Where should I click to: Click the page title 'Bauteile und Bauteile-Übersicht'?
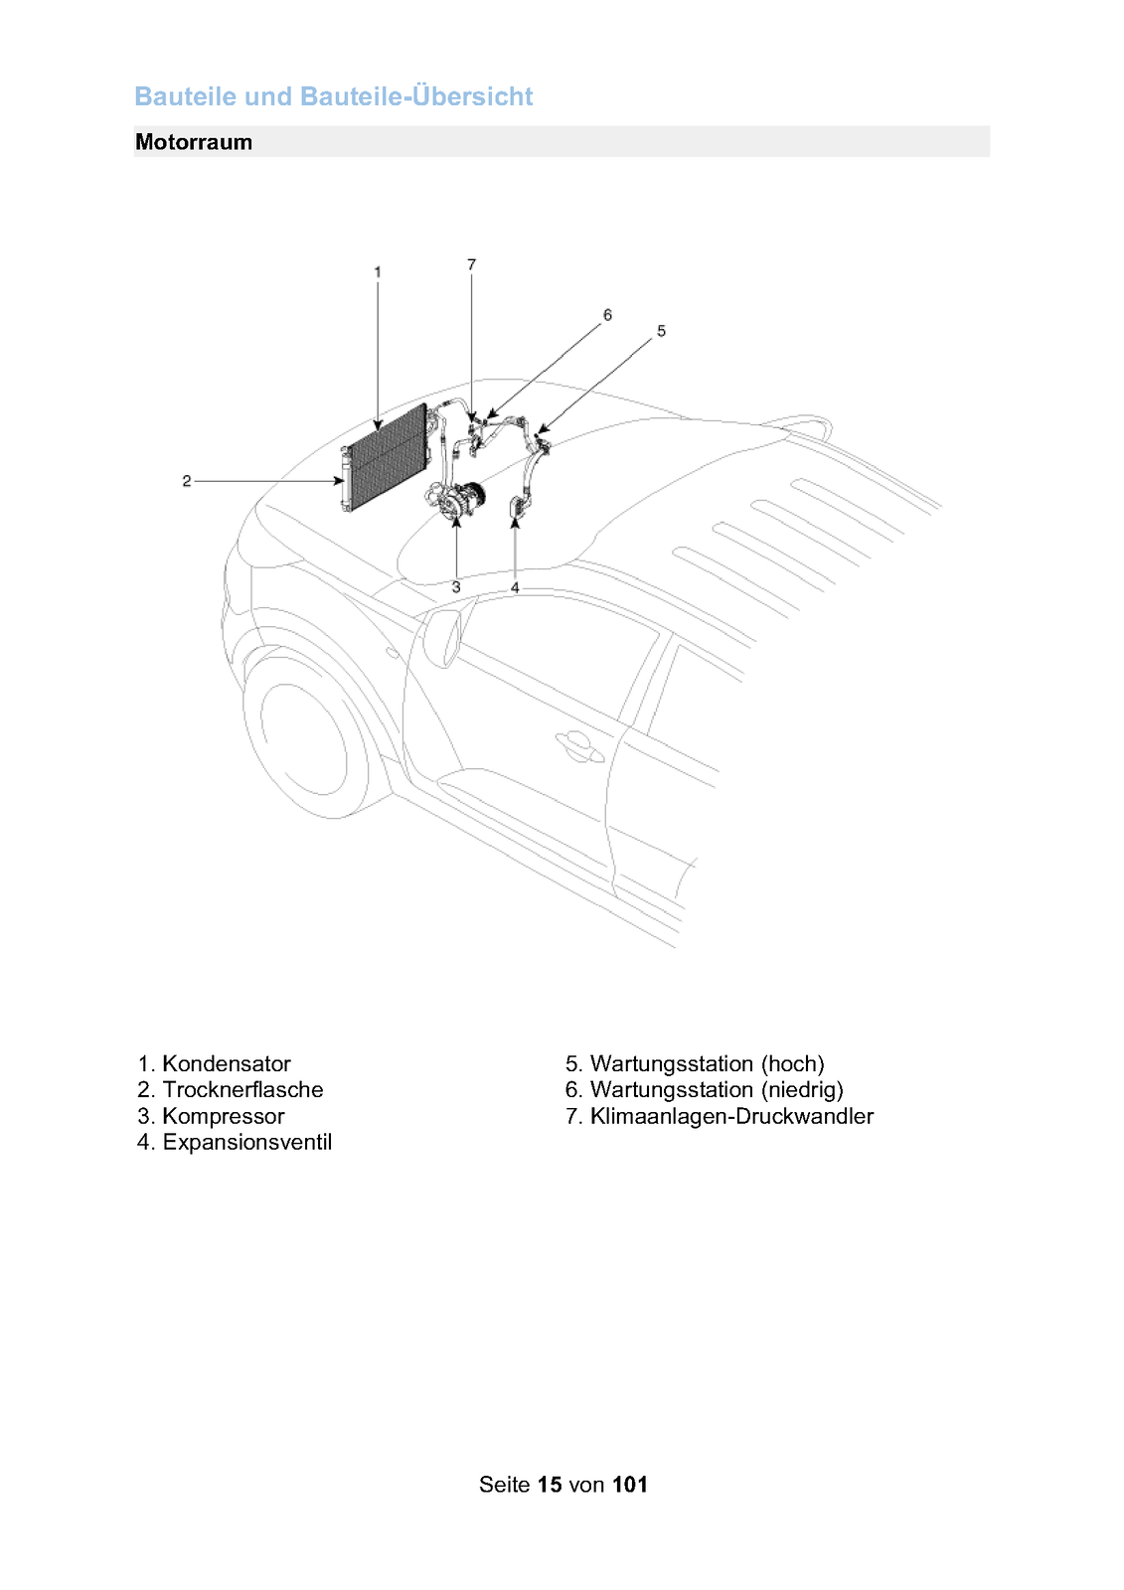tap(333, 96)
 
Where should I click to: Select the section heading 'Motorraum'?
tap(194, 142)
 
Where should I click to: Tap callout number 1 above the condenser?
tap(378, 271)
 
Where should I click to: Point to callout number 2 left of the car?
tap(186, 481)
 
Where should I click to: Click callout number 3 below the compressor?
tap(456, 587)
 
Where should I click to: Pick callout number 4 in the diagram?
tap(515, 587)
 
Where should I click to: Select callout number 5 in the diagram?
tap(661, 331)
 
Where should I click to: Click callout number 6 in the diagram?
tap(607, 315)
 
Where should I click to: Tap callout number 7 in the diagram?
tap(471, 264)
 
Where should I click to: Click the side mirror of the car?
tap(442, 636)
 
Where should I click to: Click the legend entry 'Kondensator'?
tap(226, 1063)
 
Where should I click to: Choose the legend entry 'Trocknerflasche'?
tap(242, 1089)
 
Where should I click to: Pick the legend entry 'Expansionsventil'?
tap(246, 1142)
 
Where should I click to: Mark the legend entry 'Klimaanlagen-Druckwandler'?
tap(731, 1116)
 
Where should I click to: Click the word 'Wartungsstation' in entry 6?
tap(671, 1089)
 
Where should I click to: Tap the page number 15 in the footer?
tap(550, 1485)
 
